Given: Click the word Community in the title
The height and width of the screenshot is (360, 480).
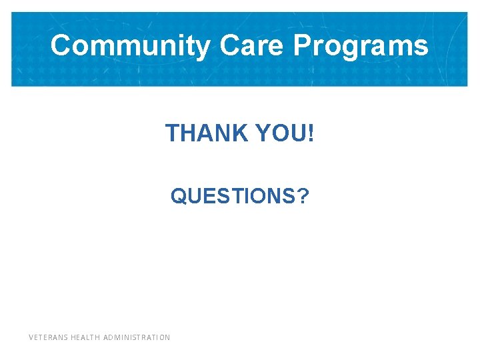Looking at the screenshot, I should pyautogui.click(x=130, y=46).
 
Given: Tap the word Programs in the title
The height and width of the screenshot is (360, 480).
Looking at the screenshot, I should pyautogui.click(x=361, y=46).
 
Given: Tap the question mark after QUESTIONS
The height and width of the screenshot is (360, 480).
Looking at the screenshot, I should pyautogui.click(x=303, y=196).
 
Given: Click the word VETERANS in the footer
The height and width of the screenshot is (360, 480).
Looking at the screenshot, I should pyautogui.click(x=48, y=337).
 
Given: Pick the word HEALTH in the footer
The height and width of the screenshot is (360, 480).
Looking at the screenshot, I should pyautogui.click(x=85, y=337).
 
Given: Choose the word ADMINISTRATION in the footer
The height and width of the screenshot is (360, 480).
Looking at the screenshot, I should pyautogui.click(x=137, y=337).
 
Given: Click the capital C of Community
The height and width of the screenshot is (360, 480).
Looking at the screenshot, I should pyautogui.click(x=61, y=46).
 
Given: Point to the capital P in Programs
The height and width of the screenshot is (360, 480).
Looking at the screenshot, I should pyautogui.click(x=302, y=46).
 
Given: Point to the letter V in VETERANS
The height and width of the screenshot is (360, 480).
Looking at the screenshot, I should pyautogui.click(x=31, y=337).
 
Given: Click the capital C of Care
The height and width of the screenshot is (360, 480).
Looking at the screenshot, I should pyautogui.click(x=228, y=46).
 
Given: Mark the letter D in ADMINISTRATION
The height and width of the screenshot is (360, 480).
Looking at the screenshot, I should pyautogui.click(x=109, y=337).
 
